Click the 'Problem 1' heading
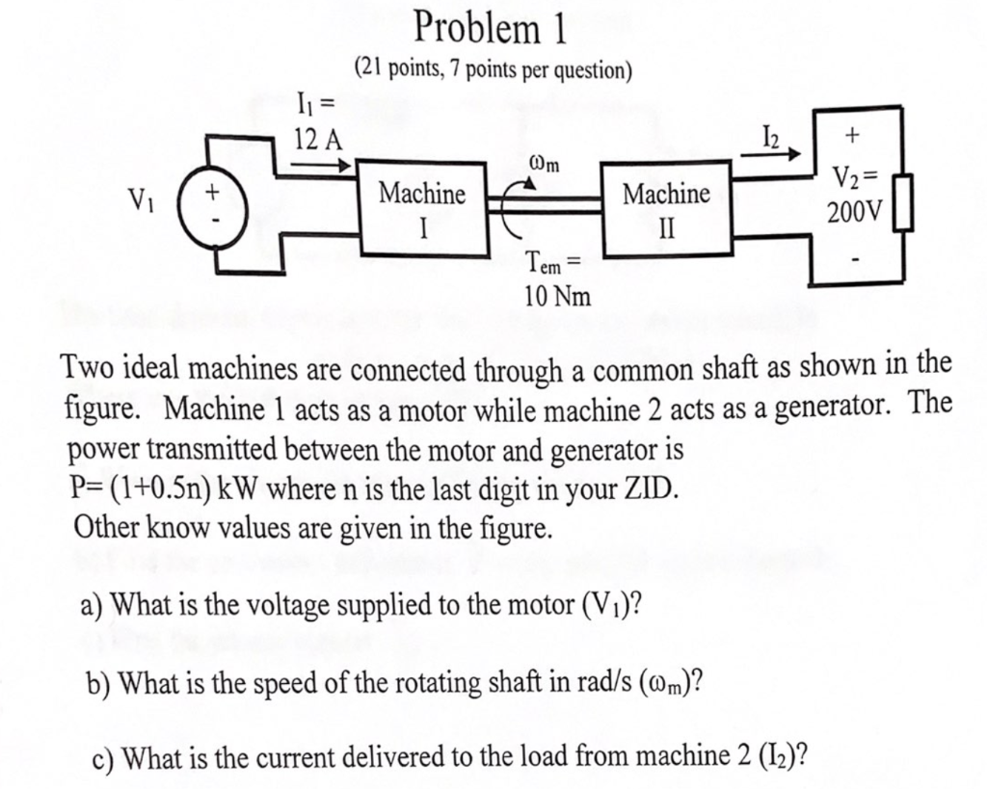[x=490, y=29]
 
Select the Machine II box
[x=666, y=209]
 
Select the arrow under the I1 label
[x=322, y=166]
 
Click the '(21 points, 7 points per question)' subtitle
[x=493, y=69]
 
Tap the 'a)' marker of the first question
[x=93, y=605]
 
